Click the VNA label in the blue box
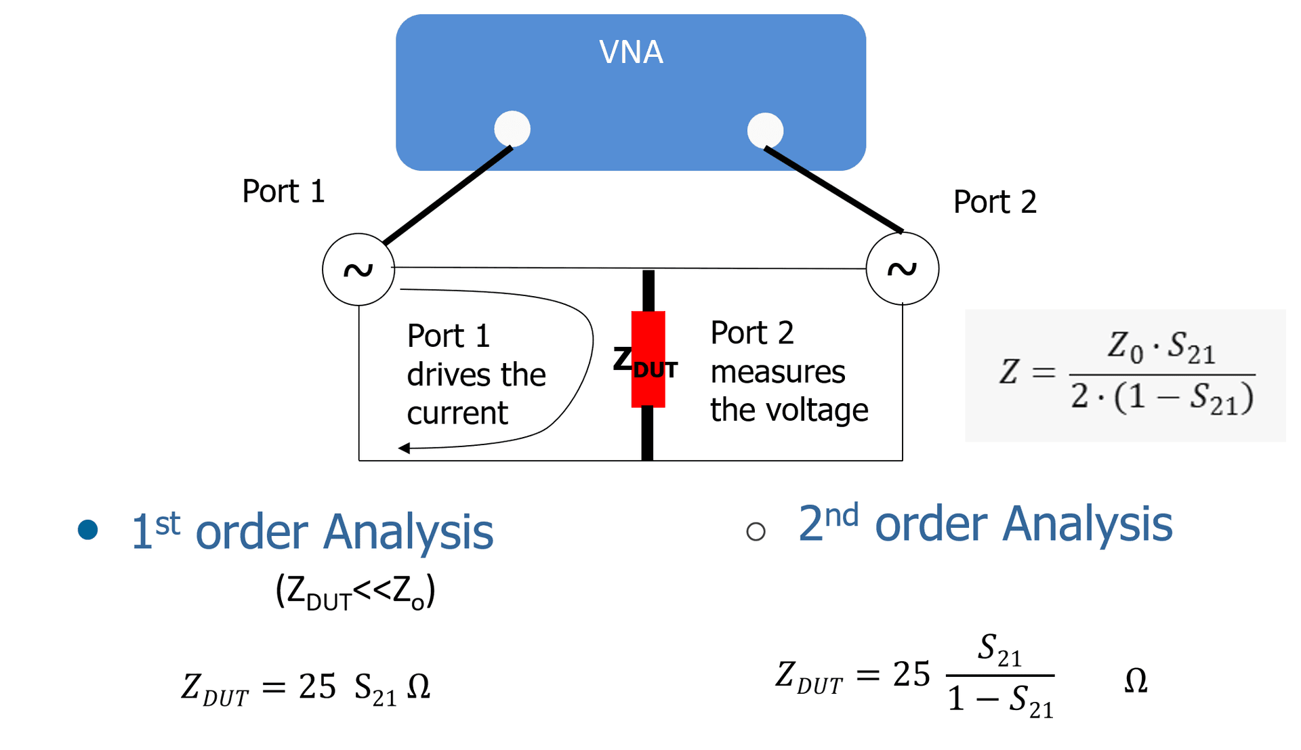pos(631,52)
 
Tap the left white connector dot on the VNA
pos(512,129)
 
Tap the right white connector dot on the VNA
pos(765,130)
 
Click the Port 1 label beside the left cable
pos(283,192)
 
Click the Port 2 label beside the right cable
pos(994,202)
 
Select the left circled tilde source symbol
pos(358,270)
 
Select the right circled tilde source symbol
pos(902,269)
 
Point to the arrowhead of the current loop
pos(405,448)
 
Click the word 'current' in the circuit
pos(457,413)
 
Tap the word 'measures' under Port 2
pos(777,372)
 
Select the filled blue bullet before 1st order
pos(88,529)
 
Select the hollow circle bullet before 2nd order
pos(756,531)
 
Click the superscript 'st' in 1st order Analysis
pos(167,524)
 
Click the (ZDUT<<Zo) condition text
pos(355,591)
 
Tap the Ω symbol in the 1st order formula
pos(418,687)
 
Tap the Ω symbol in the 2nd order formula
pos(1136,680)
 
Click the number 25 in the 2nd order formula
pos(911,674)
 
